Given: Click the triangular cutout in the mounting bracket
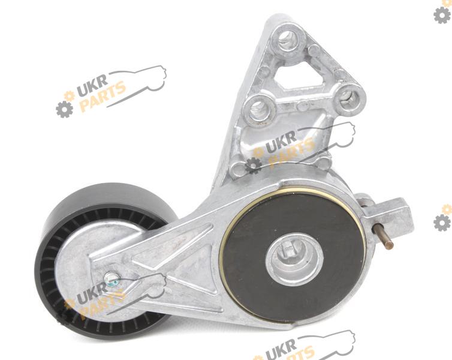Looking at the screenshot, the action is point(300,76).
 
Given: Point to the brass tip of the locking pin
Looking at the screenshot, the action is point(390,245).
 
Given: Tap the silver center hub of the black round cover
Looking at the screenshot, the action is point(294,258).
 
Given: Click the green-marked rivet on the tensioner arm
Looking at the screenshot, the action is point(112,279).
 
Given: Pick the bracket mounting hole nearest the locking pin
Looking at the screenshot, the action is point(349,100).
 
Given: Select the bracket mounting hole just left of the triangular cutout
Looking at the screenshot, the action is point(260,110).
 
